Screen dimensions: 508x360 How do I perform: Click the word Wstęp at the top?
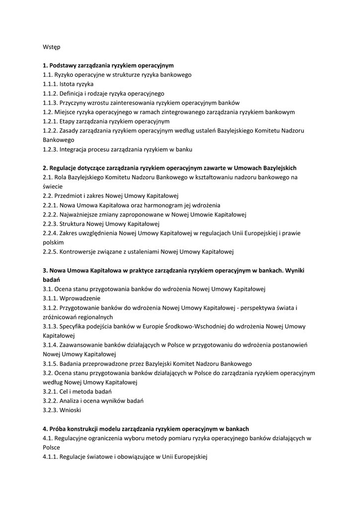52,47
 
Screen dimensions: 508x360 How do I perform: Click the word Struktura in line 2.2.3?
72,224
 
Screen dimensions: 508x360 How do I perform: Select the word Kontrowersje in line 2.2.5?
78,252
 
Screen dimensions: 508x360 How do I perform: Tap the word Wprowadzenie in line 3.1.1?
79,298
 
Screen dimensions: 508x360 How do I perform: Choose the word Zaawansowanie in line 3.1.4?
81,345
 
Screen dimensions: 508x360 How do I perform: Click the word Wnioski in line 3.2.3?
70,410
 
